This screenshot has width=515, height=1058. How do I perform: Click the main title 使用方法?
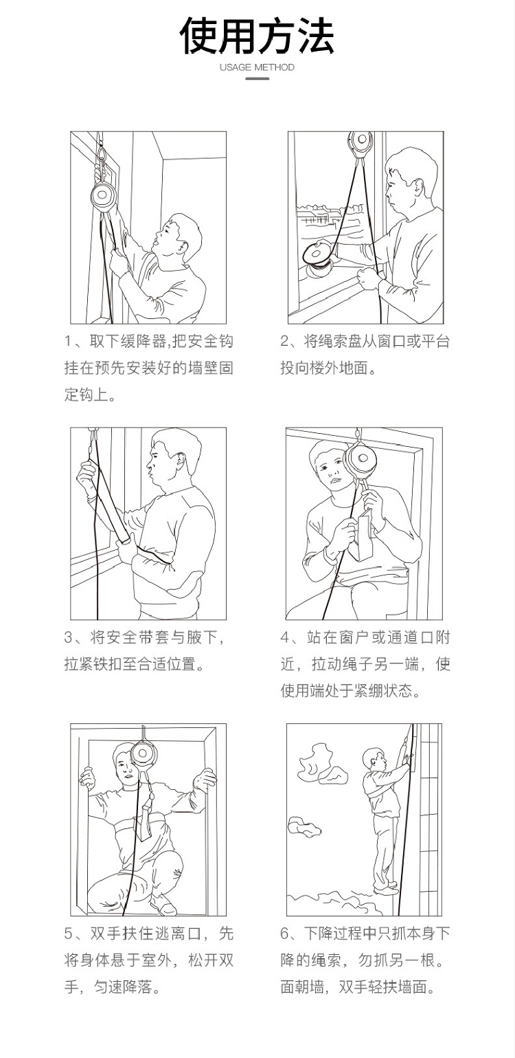257,36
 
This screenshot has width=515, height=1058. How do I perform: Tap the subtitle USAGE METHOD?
257,67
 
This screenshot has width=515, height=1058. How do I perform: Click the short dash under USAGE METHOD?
257,78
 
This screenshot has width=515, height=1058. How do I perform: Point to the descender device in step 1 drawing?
103,196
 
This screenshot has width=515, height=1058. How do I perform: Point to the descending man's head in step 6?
374,758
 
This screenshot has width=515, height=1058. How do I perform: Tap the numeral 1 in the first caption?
69,341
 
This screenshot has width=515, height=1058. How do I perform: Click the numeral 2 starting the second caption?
285,341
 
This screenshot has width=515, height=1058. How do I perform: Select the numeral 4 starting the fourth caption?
285,638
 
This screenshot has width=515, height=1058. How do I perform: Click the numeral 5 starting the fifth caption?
69,934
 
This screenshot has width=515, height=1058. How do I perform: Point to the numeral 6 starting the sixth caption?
285,934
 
